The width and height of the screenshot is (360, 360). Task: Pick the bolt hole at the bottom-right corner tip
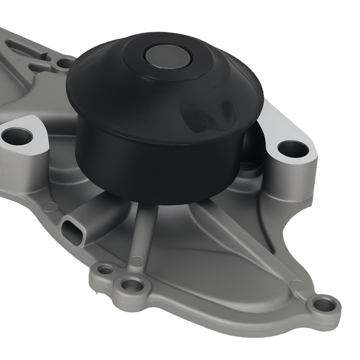pyautogui.click(x=324, y=304)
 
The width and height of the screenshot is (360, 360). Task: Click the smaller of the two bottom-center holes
pyautogui.click(x=105, y=269)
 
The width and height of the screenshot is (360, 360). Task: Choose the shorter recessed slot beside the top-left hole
pyautogui.click(x=41, y=67)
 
